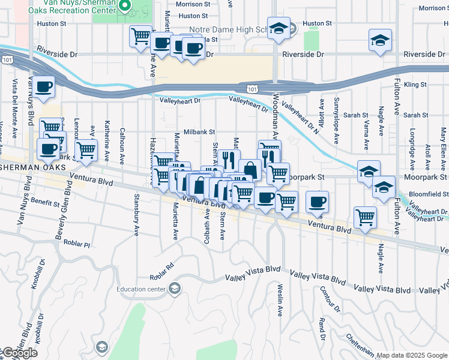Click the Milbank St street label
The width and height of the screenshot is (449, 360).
pyautogui.click(x=199, y=131)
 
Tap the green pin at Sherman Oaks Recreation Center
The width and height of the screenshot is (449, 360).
pyautogui.click(x=126, y=7)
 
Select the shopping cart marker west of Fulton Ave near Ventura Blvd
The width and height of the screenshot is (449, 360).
pyautogui.click(x=365, y=217)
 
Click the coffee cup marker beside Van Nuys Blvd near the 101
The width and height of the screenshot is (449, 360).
pyautogui.click(x=44, y=86)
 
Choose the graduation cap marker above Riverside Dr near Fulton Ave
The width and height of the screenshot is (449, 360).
pyautogui.click(x=380, y=40)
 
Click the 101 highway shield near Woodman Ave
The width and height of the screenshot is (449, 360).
pyautogui.click(x=253, y=89)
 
